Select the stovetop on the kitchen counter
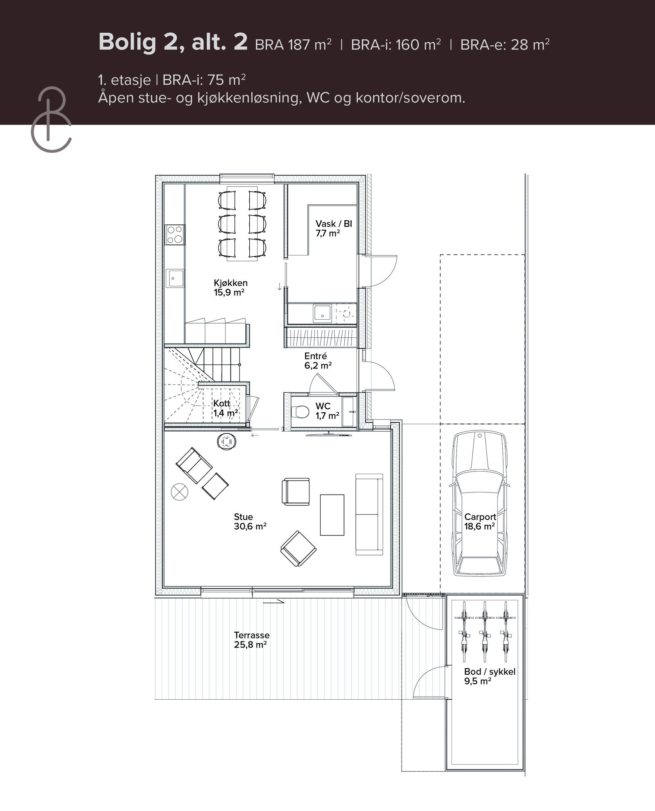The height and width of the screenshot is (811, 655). point(174,235)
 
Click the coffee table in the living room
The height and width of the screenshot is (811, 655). point(332,515)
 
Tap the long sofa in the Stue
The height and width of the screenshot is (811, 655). point(369,514)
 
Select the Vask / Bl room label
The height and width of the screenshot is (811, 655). point(333,228)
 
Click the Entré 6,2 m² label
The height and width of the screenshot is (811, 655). point(318,361)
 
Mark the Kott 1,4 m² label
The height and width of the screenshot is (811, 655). point(224,408)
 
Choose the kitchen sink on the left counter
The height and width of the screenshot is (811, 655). point(174,278)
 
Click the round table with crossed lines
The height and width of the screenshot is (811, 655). point(179,491)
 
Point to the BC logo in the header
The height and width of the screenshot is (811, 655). point(51,119)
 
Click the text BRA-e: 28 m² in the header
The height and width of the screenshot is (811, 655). point(504,44)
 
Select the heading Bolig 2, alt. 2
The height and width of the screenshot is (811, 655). point(173,42)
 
